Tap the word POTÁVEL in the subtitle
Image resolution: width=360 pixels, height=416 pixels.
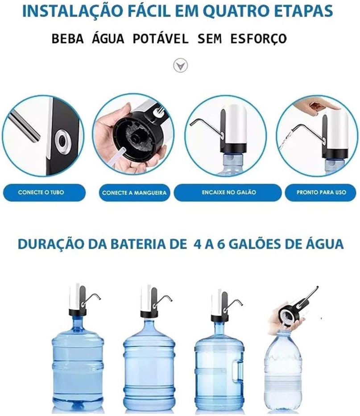(161, 39)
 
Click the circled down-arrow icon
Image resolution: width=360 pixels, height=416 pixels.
(181, 66)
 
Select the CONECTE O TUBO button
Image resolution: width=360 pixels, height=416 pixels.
(44, 192)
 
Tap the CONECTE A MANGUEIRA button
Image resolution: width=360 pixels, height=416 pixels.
(134, 193)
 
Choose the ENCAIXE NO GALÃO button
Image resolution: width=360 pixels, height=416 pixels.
(228, 192)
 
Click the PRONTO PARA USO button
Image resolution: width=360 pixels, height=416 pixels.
(320, 192)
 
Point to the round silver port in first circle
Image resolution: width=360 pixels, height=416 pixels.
(62, 141)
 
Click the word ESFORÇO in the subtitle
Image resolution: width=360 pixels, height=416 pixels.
(258, 39)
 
